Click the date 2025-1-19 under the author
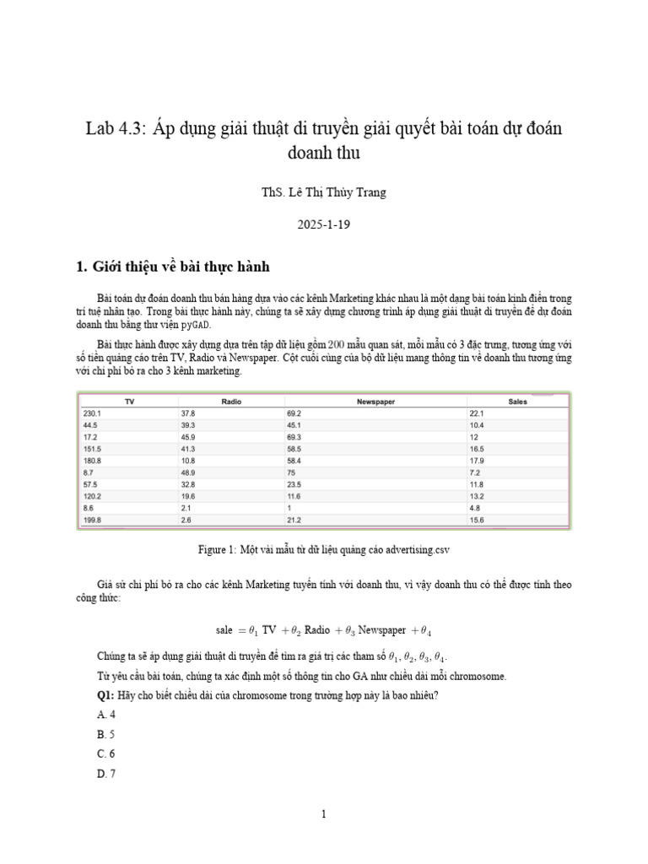(x=323, y=226)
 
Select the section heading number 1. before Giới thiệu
(x=82, y=267)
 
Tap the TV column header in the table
(x=129, y=402)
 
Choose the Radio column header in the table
(x=230, y=402)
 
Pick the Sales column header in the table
(x=517, y=402)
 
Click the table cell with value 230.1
(x=92, y=413)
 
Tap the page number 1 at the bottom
(x=323, y=814)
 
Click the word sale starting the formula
(x=224, y=630)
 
